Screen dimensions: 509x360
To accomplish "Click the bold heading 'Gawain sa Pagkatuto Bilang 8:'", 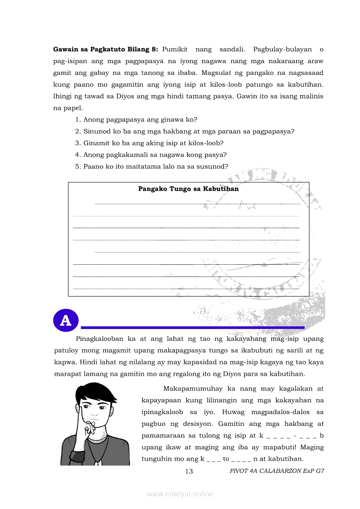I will (x=105, y=49).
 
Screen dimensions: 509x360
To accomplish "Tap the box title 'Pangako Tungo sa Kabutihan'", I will (x=188, y=189).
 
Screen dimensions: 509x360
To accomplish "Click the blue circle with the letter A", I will (x=65, y=320).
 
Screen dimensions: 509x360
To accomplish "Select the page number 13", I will (x=189, y=471).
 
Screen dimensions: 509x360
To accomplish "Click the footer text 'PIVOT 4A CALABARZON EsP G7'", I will (x=277, y=471).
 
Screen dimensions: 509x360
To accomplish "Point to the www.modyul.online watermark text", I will (x=180, y=494).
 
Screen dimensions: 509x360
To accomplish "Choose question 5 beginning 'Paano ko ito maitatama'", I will (x=151, y=166).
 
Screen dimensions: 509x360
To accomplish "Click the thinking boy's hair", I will (x=96, y=394).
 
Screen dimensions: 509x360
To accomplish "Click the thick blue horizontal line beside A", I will (x=193, y=327).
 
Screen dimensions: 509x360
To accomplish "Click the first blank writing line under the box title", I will (x=197, y=203).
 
